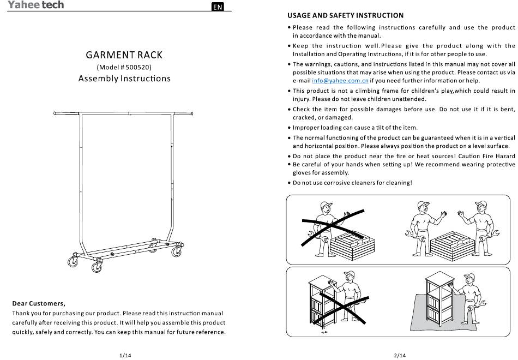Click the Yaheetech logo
35,4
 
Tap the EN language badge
218,7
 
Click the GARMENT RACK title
124,55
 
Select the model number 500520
138,68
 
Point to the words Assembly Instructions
124,79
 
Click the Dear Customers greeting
39,303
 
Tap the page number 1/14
125,356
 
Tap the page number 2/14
400,356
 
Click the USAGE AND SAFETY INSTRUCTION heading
346,15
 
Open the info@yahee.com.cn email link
340,81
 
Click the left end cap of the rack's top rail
55,113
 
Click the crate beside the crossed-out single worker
352,245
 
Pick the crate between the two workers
453,245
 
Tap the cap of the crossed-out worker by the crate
326,205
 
